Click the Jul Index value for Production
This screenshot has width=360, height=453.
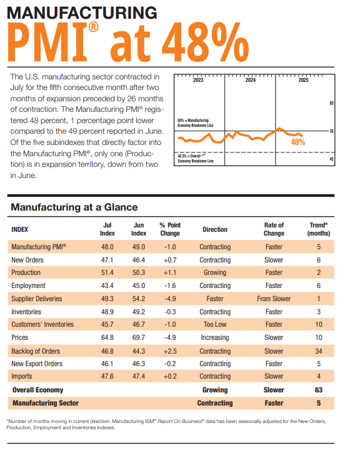(107, 272)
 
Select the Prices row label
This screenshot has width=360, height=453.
(22, 337)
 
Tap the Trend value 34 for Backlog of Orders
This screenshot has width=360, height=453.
(319, 351)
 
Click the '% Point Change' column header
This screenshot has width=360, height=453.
(169, 229)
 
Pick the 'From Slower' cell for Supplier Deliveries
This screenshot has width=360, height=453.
(274, 299)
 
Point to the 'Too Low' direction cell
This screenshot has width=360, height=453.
(215, 324)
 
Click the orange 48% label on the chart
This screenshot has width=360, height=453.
(298, 142)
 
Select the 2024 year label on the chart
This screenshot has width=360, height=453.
(250, 81)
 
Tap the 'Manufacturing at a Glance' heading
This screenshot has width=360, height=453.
(74, 207)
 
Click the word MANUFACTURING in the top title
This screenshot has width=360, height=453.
(82, 12)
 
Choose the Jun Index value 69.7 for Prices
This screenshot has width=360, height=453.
(139, 337)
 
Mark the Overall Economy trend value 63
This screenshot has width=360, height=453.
(319, 390)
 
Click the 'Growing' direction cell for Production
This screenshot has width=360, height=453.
(215, 272)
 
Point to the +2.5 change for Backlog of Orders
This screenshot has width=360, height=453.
(169, 351)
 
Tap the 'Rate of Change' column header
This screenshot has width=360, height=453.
(274, 229)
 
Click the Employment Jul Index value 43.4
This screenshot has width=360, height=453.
(107, 286)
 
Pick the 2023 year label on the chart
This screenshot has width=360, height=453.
(198, 81)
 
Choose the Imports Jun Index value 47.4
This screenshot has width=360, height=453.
(139, 377)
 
